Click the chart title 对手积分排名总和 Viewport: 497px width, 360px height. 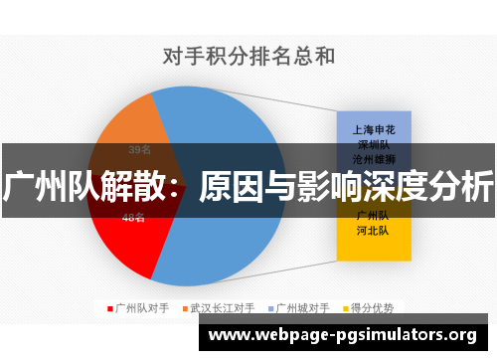pyautogui.click(x=248, y=56)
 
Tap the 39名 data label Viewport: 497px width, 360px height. pyautogui.click(x=139, y=150)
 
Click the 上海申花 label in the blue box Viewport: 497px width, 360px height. pyautogui.click(x=374, y=128)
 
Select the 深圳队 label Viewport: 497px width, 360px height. pyautogui.click(x=374, y=143)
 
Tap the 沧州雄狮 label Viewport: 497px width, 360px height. pyautogui.click(x=374, y=158)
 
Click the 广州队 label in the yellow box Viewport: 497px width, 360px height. pyautogui.click(x=374, y=215)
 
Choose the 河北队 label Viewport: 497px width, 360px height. pyautogui.click(x=374, y=231)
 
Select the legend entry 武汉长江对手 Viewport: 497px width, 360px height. pyautogui.click(x=223, y=307)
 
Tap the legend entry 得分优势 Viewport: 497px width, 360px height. pyautogui.click(x=373, y=307)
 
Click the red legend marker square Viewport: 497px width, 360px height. pyautogui.click(x=110, y=307)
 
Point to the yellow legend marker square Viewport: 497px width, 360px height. pyautogui.click(x=343, y=307)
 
